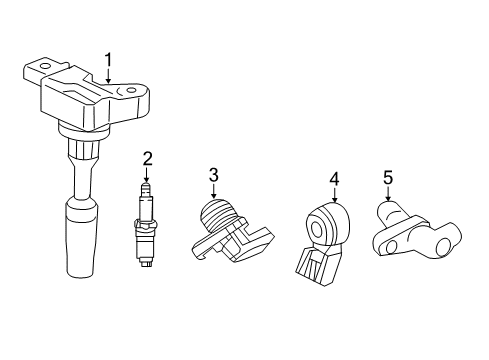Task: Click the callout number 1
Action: [x=108, y=60]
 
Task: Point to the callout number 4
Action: [x=334, y=180]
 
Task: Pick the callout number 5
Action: [x=388, y=179]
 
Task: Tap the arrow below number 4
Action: [x=334, y=195]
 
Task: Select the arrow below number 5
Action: [x=388, y=195]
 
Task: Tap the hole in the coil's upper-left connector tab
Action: [x=41, y=69]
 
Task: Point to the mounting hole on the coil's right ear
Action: [x=131, y=92]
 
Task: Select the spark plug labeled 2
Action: [x=147, y=225]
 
